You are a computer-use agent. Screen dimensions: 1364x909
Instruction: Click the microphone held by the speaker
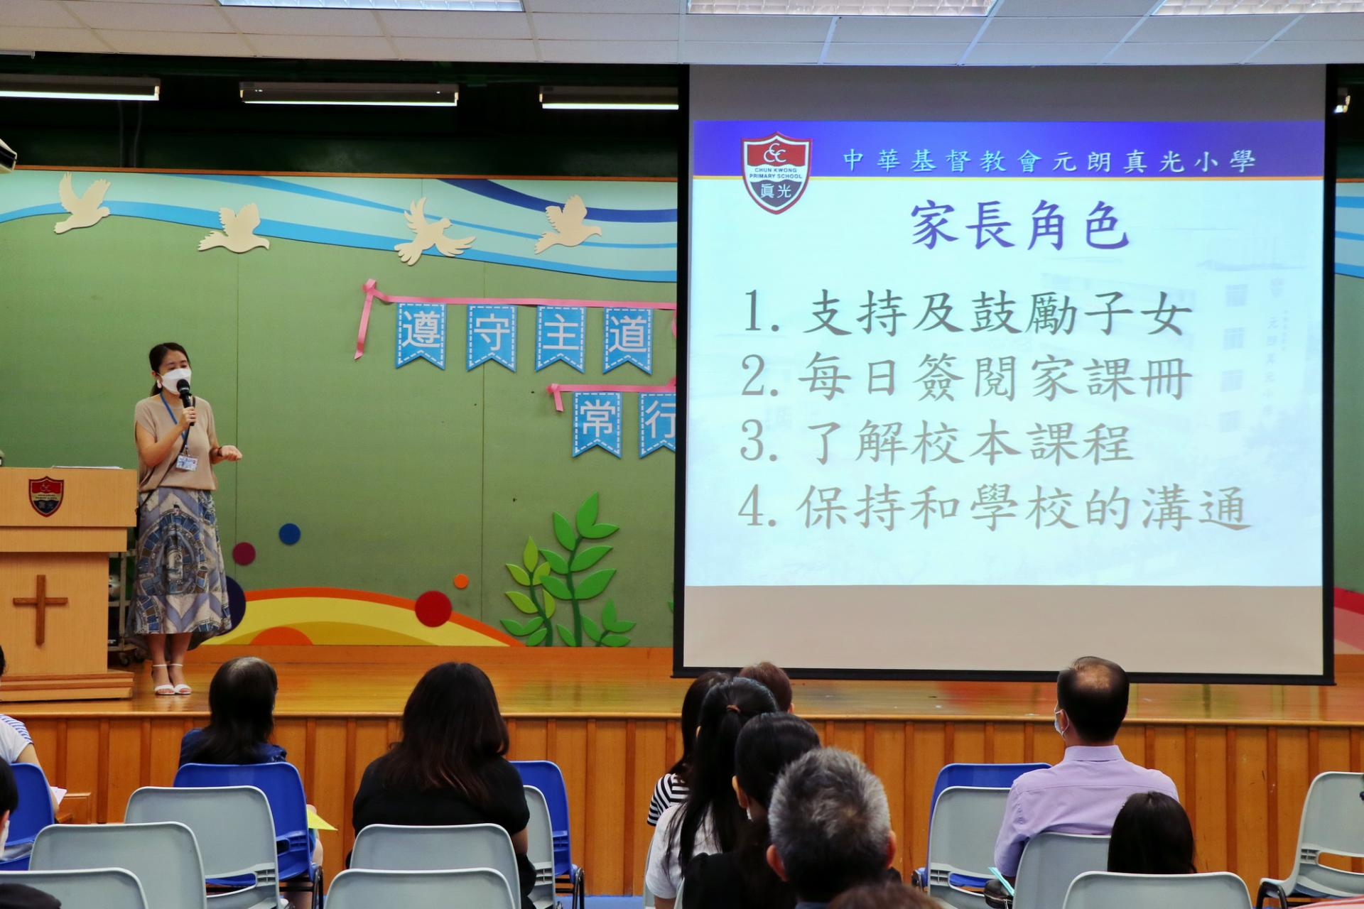point(186,398)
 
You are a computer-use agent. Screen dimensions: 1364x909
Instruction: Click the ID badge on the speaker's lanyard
point(186,462)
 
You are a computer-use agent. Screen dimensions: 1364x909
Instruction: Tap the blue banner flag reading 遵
point(421,335)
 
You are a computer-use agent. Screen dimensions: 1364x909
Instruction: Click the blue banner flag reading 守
point(491,337)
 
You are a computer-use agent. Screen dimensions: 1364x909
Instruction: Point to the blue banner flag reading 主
point(560,337)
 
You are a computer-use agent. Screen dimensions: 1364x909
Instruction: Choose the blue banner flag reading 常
point(597,423)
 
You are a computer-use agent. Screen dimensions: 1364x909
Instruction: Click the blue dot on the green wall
point(289,533)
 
